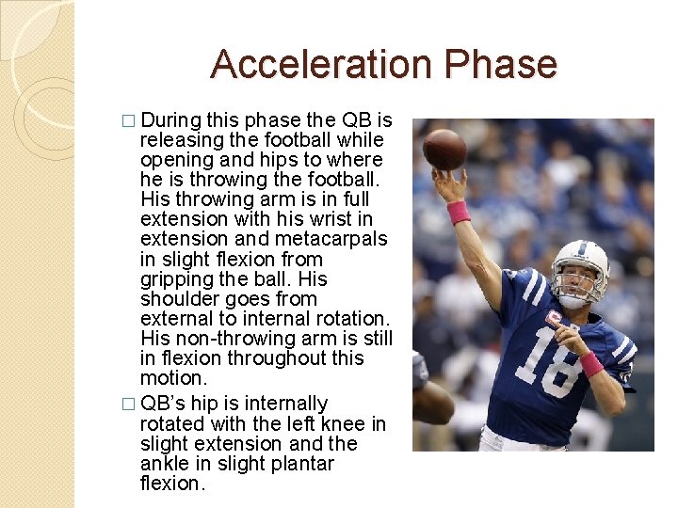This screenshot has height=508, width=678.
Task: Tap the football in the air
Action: (444, 149)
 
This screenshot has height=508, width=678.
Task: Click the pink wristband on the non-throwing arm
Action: (591, 363)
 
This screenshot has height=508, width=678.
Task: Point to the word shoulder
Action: (178, 299)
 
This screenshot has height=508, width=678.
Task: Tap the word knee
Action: (347, 424)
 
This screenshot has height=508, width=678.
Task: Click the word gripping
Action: (177, 279)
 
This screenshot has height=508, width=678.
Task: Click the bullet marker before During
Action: (129, 121)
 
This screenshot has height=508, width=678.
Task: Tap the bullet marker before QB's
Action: (129, 405)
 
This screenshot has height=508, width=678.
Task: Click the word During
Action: (173, 120)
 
